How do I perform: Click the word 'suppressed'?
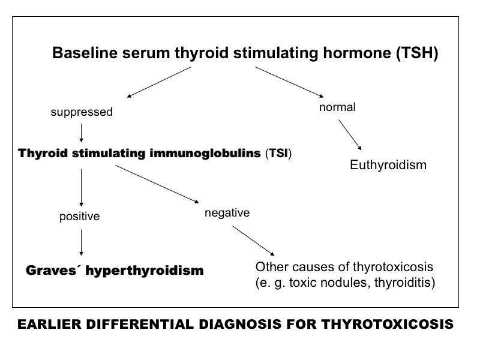[x=82, y=112]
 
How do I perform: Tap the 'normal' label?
[x=337, y=107]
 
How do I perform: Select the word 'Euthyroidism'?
[x=388, y=165]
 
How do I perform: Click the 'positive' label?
[x=80, y=217]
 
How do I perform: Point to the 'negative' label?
[x=227, y=213]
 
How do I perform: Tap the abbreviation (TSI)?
[x=278, y=153]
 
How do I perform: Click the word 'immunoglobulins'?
[x=205, y=153]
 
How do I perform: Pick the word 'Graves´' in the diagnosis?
[x=51, y=271]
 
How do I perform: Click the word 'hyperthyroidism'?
[x=145, y=271]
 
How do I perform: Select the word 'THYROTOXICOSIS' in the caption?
[x=387, y=324]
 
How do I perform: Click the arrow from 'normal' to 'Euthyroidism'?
[x=350, y=134]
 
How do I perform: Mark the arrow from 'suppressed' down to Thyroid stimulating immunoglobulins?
[x=81, y=133]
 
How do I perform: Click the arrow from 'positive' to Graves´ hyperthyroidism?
[x=81, y=242]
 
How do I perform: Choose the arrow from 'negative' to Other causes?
[x=253, y=241]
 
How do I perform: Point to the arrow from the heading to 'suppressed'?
[x=159, y=82]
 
